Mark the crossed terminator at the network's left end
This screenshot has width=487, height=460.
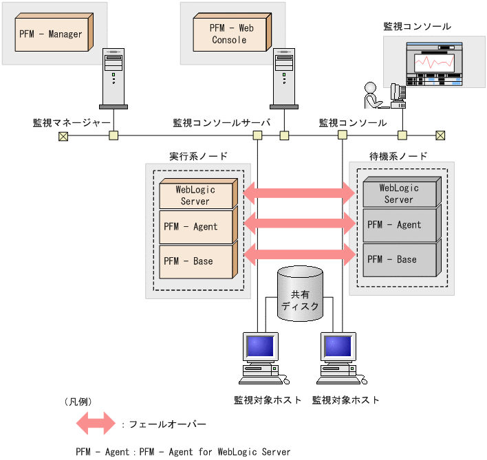(63, 135)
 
